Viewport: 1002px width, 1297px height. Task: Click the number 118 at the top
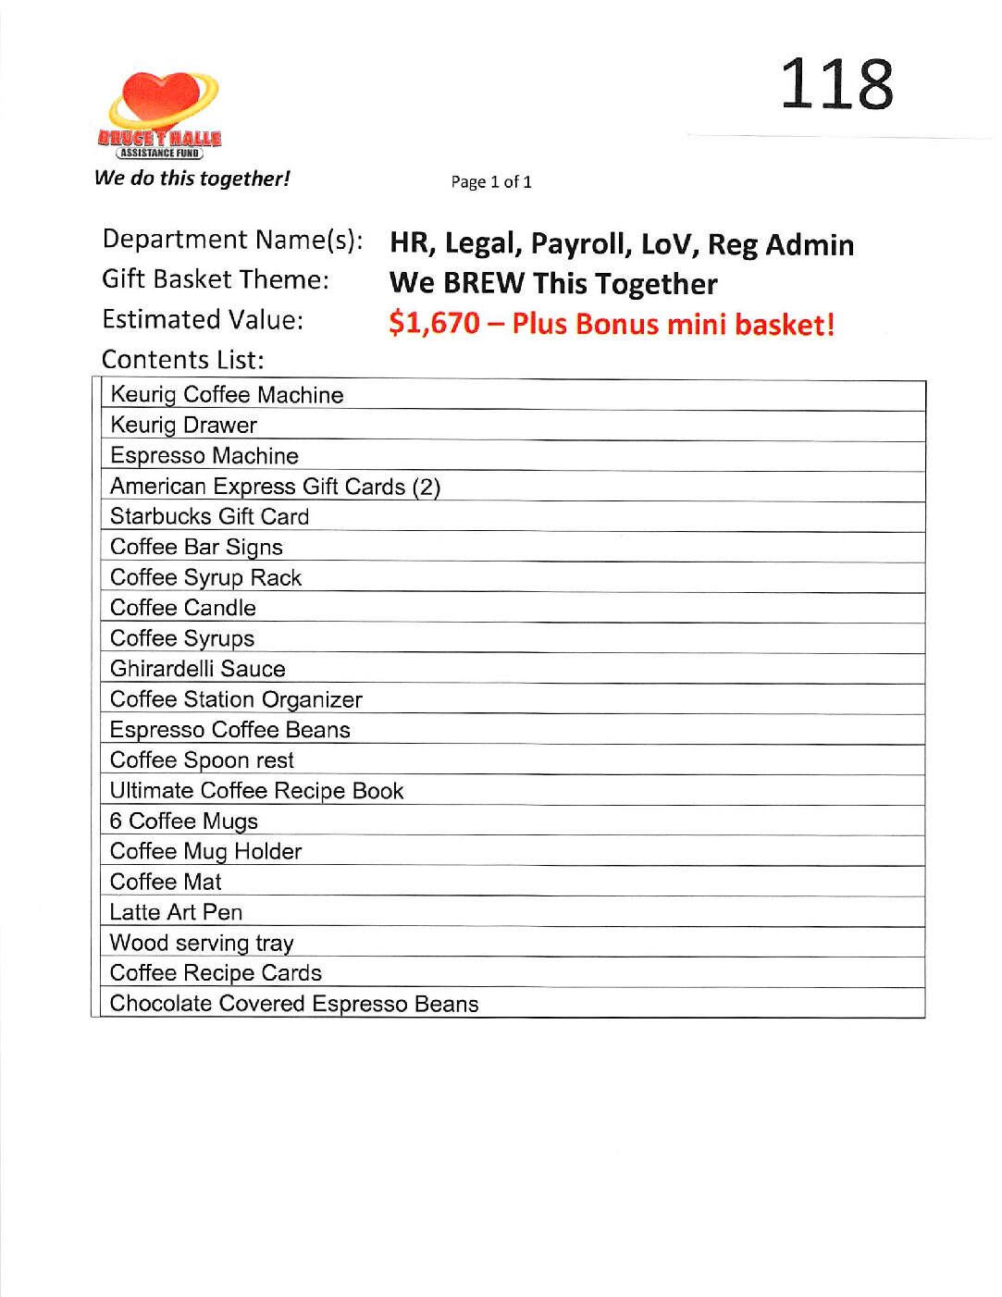pyautogui.click(x=836, y=84)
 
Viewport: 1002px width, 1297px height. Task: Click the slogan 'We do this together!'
pyautogui.click(x=192, y=179)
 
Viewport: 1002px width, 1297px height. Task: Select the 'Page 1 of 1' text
pyautogui.click(x=491, y=182)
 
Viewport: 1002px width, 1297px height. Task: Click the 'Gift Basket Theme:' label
pyautogui.click(x=216, y=279)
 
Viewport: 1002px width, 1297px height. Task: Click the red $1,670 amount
pyautogui.click(x=434, y=324)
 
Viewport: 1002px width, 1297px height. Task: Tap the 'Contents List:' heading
pyautogui.click(x=182, y=360)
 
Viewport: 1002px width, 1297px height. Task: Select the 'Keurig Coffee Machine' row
pyautogui.click(x=227, y=395)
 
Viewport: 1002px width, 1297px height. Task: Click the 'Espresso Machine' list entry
pyautogui.click(x=204, y=456)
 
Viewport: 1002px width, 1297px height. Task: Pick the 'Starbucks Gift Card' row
pyautogui.click(x=209, y=517)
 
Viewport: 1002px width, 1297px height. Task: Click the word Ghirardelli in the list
pyautogui.click(x=159, y=669)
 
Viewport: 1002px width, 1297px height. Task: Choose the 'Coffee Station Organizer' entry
pyautogui.click(x=236, y=699)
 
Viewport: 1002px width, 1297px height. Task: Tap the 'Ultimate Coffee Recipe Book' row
pyautogui.click(x=256, y=791)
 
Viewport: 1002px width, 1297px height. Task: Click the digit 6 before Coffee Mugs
pyautogui.click(x=116, y=821)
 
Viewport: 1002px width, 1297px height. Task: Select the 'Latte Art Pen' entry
pyautogui.click(x=176, y=912)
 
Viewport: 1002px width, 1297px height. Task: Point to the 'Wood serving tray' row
pyautogui.click(x=202, y=943)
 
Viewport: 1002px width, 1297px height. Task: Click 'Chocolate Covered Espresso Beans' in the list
pyautogui.click(x=294, y=1004)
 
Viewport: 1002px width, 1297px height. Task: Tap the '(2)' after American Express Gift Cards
pyautogui.click(x=426, y=487)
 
